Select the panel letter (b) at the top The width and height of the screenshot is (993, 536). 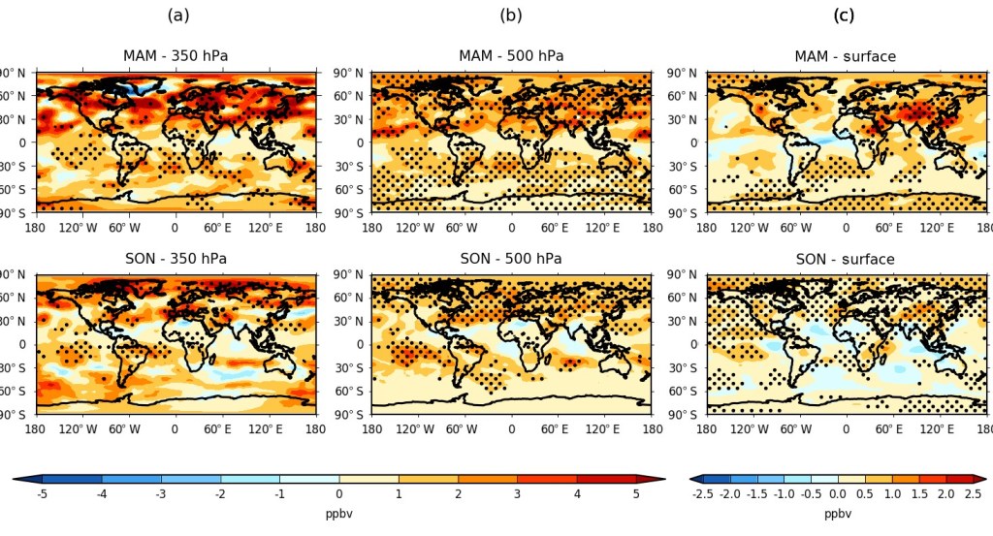tap(511, 15)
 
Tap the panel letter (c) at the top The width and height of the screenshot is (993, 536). tap(846, 15)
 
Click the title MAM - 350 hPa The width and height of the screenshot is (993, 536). tap(176, 56)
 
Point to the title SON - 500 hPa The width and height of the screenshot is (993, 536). tap(511, 259)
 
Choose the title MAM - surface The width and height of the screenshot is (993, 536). tap(846, 56)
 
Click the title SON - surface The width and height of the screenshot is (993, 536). tap(846, 259)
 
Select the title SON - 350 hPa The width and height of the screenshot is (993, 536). tap(176, 259)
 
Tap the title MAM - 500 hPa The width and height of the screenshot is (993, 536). tap(511, 56)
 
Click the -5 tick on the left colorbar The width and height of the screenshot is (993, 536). tap(42, 494)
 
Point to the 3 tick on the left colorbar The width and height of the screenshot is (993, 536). tap(517, 494)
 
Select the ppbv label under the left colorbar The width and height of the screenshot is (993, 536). tap(338, 514)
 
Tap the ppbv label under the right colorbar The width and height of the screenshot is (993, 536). tap(837, 514)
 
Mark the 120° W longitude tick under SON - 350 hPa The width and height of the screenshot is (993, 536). tap(80, 428)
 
